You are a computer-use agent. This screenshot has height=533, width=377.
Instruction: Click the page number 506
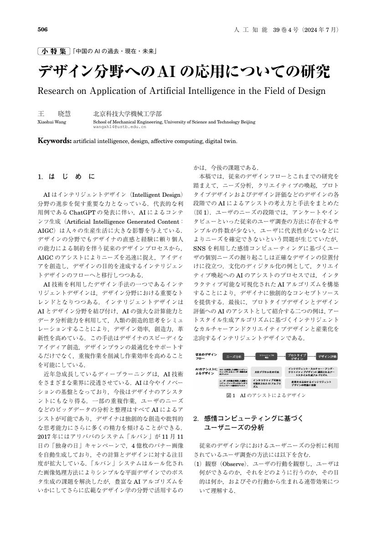click(x=42, y=30)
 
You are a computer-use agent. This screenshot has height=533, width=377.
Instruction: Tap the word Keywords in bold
click(x=54, y=141)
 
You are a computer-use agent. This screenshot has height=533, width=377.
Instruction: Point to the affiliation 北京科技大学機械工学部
click(x=127, y=114)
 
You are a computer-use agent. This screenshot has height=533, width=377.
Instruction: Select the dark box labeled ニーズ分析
click(x=235, y=357)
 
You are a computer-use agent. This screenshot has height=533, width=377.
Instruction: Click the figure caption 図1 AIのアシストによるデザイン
click(x=266, y=395)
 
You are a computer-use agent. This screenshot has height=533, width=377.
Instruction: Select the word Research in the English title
click(x=58, y=90)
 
